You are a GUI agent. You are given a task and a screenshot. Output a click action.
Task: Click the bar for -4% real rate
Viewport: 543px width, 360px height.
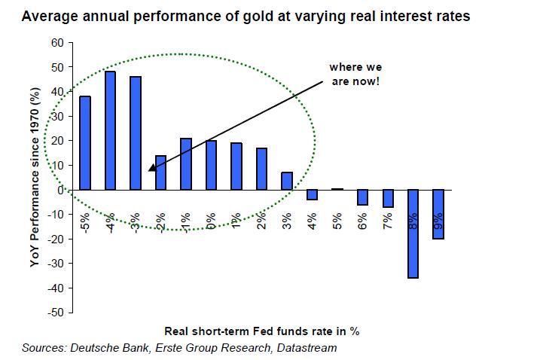(x=110, y=130)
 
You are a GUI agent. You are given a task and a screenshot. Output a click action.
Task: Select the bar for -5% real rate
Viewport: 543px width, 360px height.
(x=85, y=142)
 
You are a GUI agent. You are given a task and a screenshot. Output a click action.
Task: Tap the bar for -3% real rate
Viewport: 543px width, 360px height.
(x=136, y=133)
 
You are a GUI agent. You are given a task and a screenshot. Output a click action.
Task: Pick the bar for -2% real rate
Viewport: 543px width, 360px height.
(x=160, y=172)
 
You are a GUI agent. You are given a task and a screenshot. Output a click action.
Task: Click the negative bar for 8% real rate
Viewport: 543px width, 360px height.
(x=413, y=233)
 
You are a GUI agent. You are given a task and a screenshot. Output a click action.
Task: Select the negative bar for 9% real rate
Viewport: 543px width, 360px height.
(x=438, y=214)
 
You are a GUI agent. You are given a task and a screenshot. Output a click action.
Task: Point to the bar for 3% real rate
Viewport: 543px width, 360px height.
(x=287, y=181)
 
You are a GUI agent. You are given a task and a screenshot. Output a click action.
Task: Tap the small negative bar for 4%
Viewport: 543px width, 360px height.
(x=312, y=195)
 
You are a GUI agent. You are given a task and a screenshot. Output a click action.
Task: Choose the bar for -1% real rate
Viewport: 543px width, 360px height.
(x=186, y=163)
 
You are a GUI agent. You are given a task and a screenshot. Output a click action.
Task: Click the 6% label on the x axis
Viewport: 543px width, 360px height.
(x=362, y=221)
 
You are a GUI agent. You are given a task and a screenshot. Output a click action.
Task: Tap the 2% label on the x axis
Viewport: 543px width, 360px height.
(x=261, y=221)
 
